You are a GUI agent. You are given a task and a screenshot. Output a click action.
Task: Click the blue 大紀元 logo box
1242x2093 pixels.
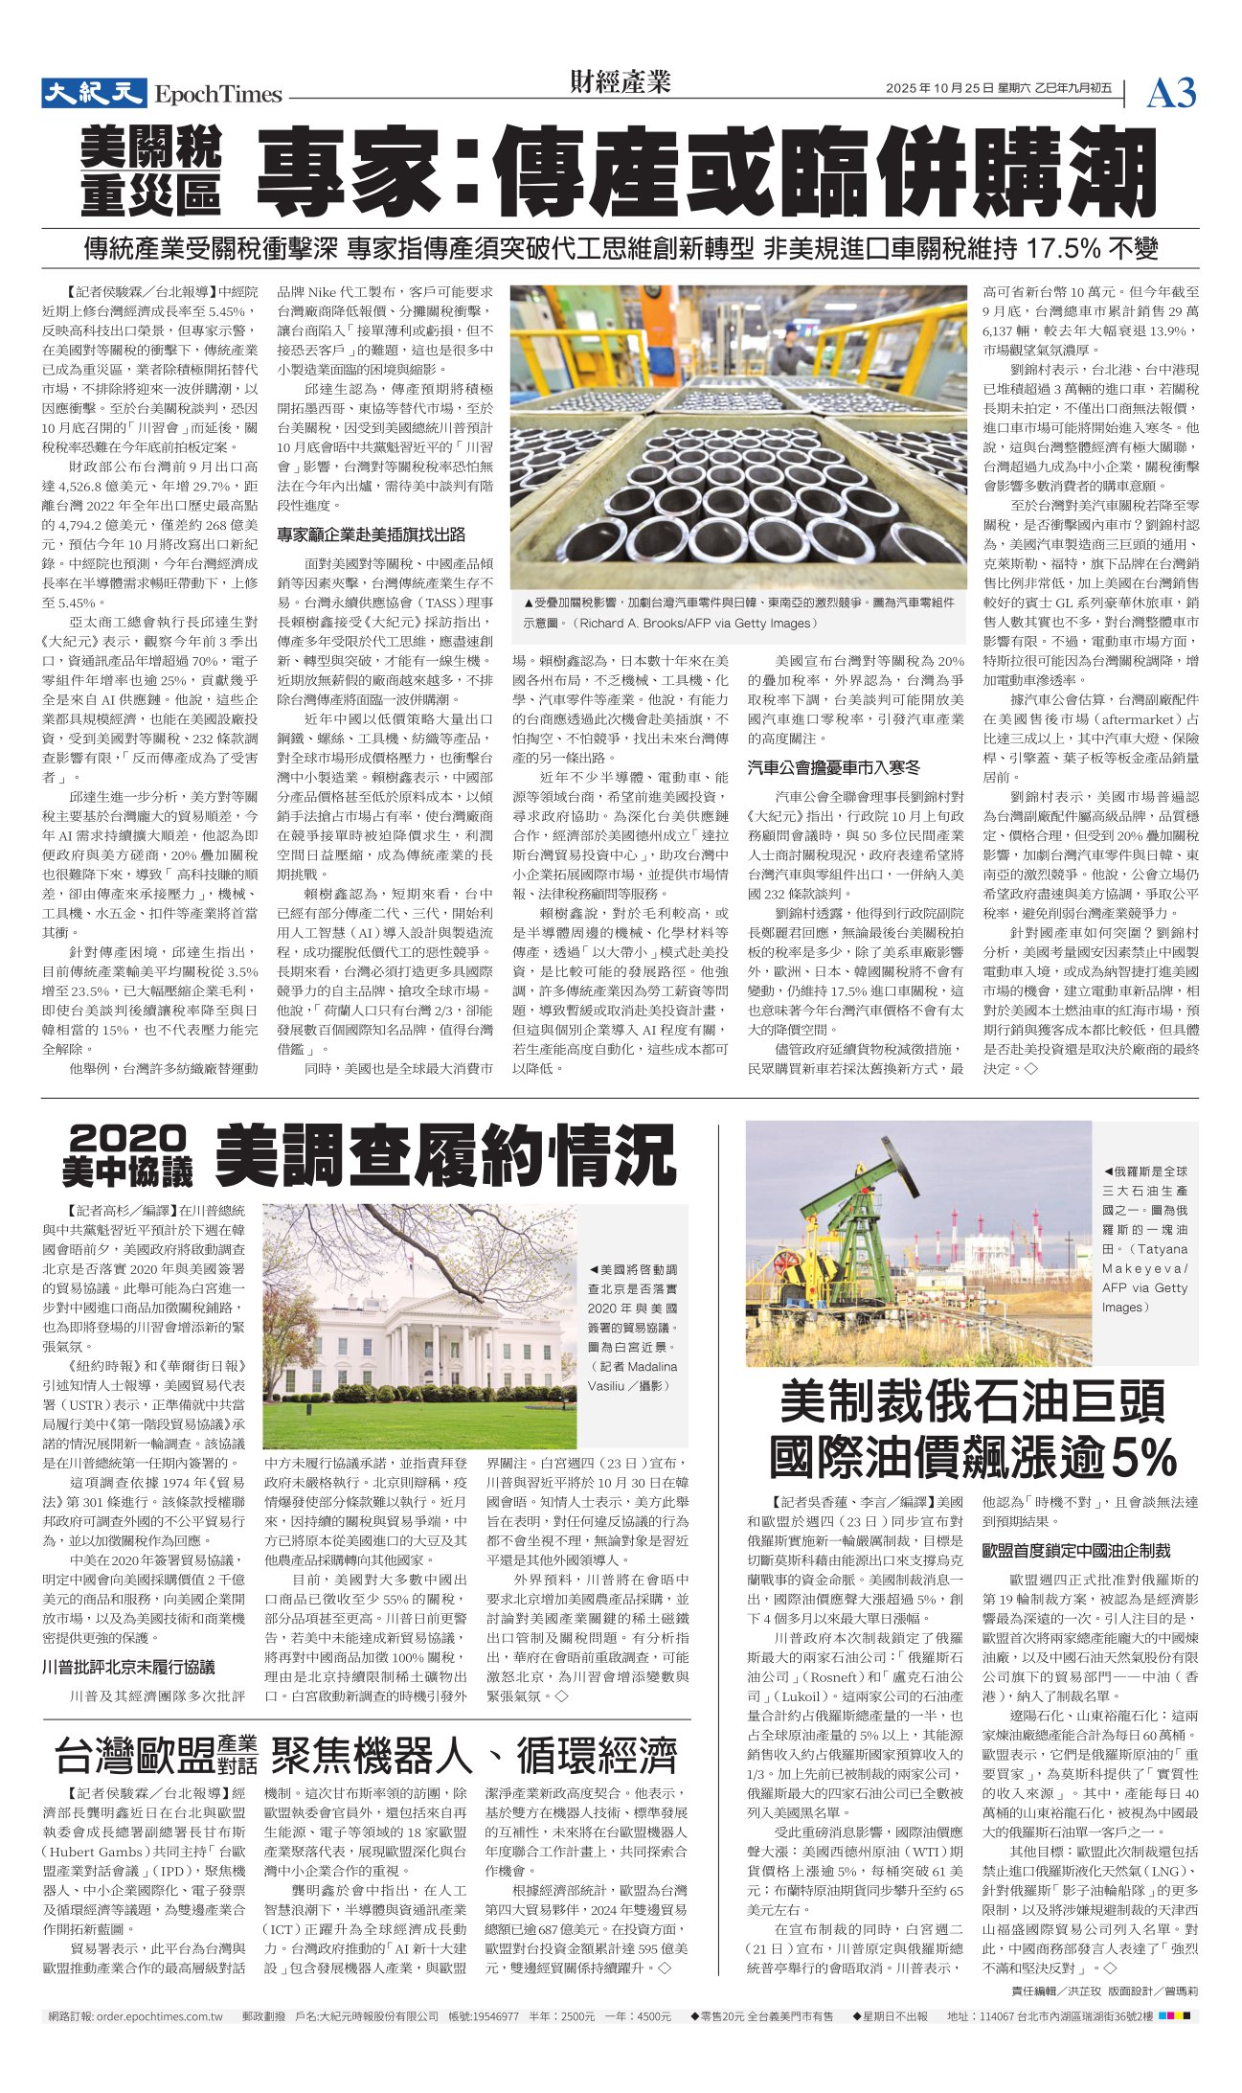[93, 93]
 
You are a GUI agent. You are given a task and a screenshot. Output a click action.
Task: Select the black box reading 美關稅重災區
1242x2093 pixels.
[151, 170]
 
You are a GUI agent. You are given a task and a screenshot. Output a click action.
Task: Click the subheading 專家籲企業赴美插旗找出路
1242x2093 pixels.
[372, 534]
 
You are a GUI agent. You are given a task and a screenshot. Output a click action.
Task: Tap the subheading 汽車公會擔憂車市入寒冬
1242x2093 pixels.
[833, 766]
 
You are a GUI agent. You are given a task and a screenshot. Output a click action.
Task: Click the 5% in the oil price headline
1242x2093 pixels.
[1142, 1459]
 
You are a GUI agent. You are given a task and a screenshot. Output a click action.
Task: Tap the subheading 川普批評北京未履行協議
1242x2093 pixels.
[128, 1667]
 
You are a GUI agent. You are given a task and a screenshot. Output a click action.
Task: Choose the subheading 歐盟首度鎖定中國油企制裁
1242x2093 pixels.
[1076, 1550]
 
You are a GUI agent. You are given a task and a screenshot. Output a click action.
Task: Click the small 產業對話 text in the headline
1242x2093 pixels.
[237, 1755]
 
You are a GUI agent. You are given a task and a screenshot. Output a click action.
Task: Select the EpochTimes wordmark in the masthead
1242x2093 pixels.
[218, 95]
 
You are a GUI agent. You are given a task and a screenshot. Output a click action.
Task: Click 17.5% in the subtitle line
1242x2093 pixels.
[1062, 249]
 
